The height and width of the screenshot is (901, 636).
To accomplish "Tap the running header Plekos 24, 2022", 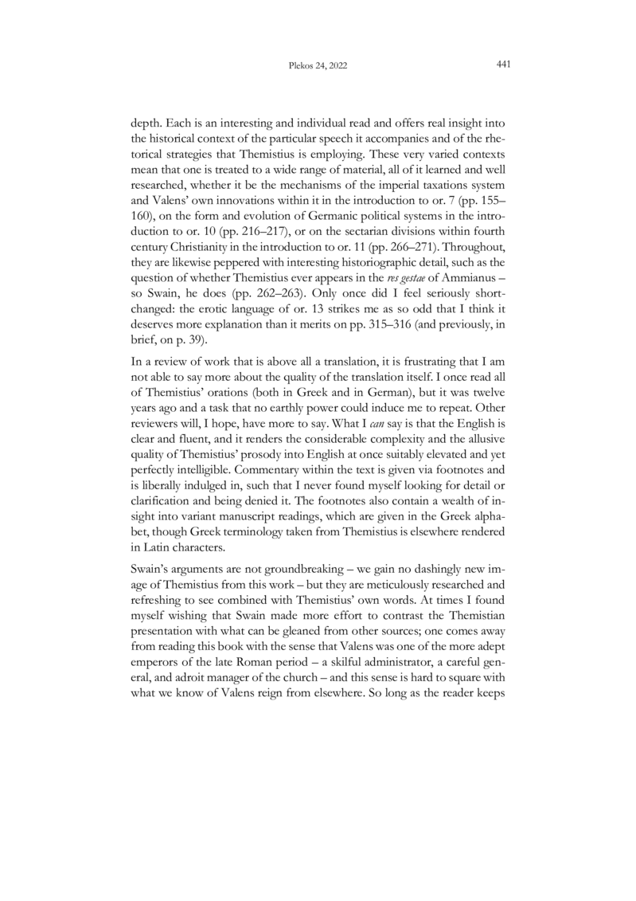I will coord(318,66).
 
